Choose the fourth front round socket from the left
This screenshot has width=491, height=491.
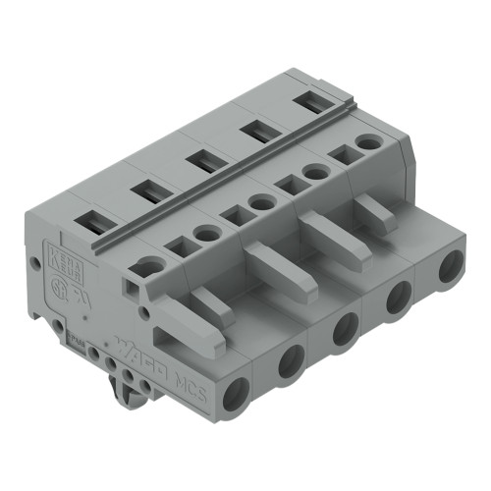(399, 298)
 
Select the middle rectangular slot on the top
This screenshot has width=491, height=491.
(205, 161)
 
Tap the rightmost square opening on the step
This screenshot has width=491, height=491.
(343, 154)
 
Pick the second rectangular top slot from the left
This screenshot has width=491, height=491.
(150, 192)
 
